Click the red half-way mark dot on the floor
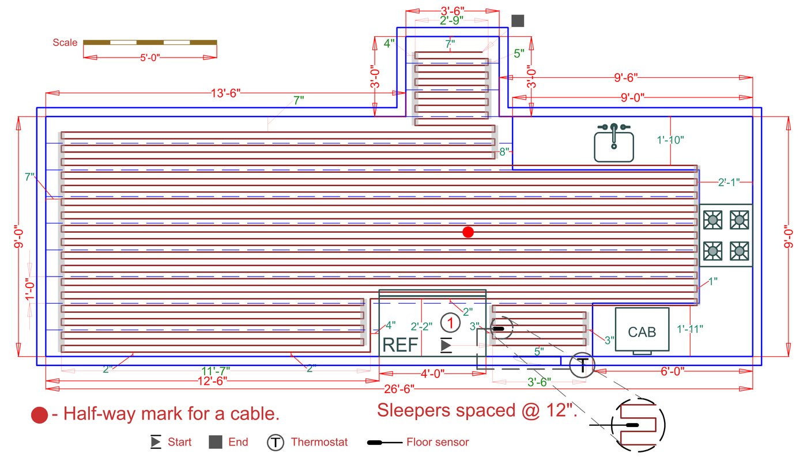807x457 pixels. point(468,232)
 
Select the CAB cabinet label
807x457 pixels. point(642,332)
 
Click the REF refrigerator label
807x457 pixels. point(401,345)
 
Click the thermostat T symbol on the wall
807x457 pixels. point(582,365)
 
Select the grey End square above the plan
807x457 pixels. point(518,21)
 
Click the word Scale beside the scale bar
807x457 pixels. point(65,43)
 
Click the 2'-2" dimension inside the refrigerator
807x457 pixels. point(421,327)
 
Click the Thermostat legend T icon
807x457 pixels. point(276,443)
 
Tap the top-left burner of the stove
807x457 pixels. point(713,219)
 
